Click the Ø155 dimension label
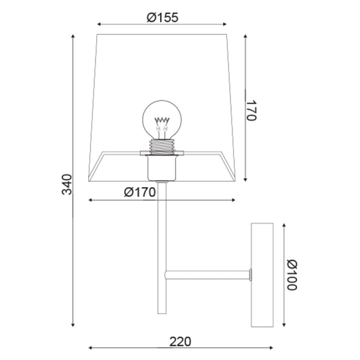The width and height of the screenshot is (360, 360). coord(163,17)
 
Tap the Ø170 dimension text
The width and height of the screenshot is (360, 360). coord(140,192)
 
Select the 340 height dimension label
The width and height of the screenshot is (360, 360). coord(67,184)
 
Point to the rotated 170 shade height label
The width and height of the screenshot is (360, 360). coord(251,110)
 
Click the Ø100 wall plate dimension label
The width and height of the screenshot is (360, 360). coord(292,275)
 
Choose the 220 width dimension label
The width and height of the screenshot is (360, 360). coord(180,341)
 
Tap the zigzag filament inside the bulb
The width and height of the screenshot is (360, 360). coord(162,120)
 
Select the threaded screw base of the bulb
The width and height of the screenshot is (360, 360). coord(162,147)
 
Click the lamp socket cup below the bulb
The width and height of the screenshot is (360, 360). coord(162,167)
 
